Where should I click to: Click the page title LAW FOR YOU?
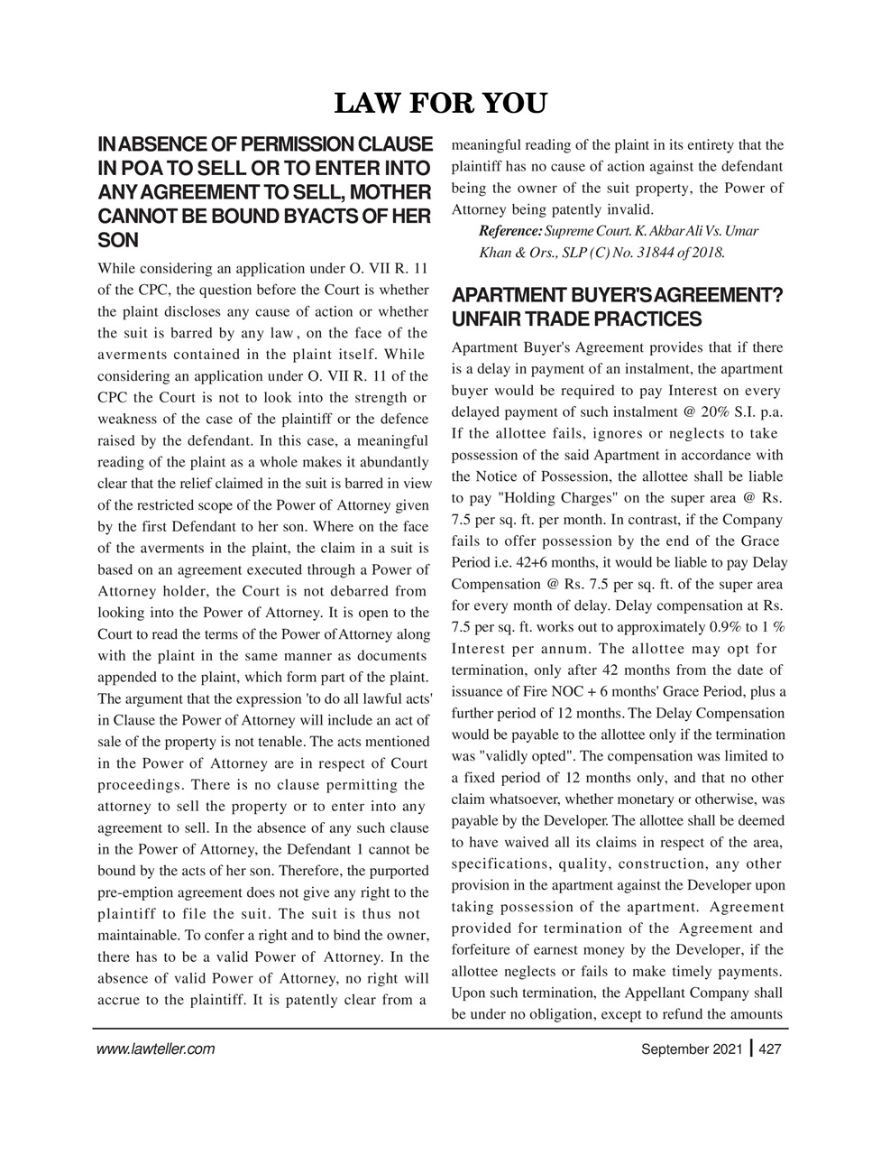(x=440, y=104)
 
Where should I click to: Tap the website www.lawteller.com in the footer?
(x=154, y=1049)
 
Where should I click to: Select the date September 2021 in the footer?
(x=692, y=1049)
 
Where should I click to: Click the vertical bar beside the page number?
(x=751, y=1049)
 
